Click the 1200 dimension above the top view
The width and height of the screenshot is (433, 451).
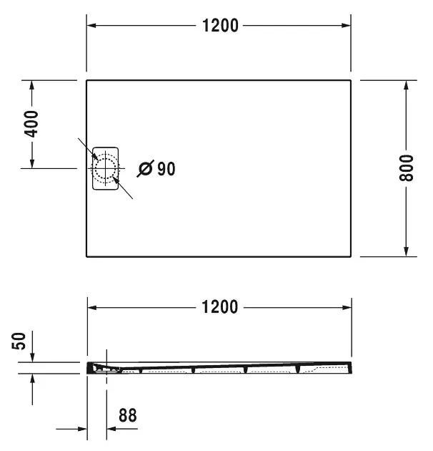click(220, 26)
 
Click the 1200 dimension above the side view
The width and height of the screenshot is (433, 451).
click(220, 307)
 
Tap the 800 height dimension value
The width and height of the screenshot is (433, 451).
click(406, 168)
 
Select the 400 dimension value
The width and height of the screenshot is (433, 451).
click(31, 125)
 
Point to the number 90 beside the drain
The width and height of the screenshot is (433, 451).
click(166, 169)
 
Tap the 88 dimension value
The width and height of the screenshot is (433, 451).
click(127, 414)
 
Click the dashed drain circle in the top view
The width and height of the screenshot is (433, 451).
click(106, 169)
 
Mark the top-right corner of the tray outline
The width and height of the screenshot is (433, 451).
click(351, 80)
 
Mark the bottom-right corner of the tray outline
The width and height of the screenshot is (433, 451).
click(351, 256)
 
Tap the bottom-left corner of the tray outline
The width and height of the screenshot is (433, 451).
click(87, 256)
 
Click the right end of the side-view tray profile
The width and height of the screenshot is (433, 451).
click(351, 366)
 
